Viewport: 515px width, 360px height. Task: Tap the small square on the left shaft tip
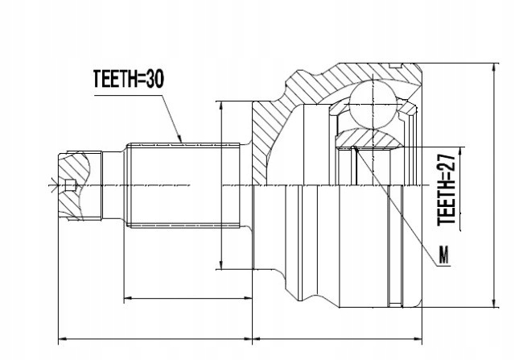point(71,186)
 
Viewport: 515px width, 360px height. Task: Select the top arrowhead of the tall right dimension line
point(493,68)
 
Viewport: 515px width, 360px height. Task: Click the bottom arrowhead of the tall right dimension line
point(493,305)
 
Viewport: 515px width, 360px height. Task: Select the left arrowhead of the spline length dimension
point(126,299)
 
